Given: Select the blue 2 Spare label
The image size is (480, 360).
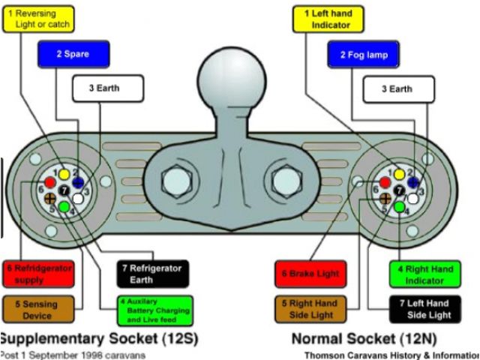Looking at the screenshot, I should [x=73, y=54].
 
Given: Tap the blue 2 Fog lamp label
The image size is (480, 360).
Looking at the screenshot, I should [x=362, y=55].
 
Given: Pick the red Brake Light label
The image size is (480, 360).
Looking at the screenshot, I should [x=310, y=274].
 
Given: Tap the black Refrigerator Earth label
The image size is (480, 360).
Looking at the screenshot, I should [x=152, y=274].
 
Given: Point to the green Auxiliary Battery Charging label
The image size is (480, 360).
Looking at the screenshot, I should [x=154, y=310].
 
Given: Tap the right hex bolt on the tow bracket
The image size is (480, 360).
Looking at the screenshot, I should [x=288, y=180].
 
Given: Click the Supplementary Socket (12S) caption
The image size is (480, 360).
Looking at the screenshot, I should [x=99, y=338].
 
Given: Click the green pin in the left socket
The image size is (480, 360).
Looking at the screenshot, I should [x=65, y=205].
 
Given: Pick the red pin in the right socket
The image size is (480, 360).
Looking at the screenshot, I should [x=385, y=182].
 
